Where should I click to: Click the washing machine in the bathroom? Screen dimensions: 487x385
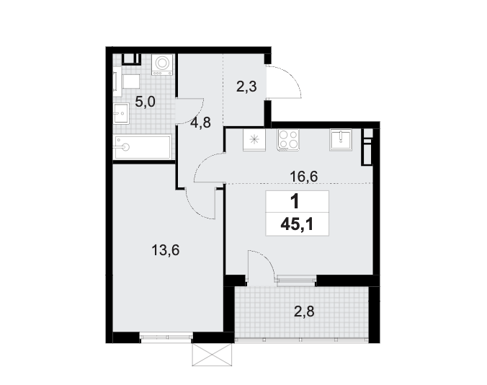(x=162, y=65)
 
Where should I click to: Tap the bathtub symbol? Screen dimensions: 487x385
(x=143, y=147)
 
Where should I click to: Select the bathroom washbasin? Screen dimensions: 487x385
(x=121, y=113)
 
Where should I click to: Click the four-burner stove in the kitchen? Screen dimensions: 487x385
(x=289, y=140)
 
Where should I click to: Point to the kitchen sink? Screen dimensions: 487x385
(x=341, y=140)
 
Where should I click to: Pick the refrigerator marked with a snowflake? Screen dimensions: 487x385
(x=255, y=140)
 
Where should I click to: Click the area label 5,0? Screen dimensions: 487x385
(x=145, y=102)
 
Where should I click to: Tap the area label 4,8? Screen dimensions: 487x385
(x=201, y=123)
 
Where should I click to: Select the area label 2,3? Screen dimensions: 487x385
(x=246, y=87)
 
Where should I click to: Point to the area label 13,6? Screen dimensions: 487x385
(x=166, y=250)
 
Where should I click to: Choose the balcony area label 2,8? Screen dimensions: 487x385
(x=304, y=311)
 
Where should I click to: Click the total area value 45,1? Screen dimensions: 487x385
(x=297, y=224)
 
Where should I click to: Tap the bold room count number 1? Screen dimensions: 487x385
(x=295, y=201)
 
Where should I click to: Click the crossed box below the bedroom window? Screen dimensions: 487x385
(x=212, y=355)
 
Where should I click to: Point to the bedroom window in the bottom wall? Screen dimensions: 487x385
(x=166, y=337)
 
